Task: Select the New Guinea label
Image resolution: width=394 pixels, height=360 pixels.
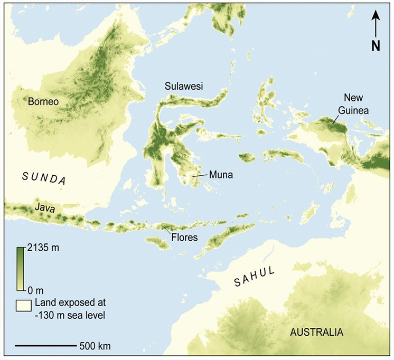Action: click(x=354, y=103)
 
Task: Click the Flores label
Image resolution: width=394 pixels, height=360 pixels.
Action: click(x=184, y=237)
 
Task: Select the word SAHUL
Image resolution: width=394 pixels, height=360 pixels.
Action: click(x=255, y=278)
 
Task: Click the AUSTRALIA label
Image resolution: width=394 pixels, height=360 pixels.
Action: click(x=316, y=333)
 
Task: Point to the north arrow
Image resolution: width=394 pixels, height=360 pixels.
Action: click(x=376, y=23)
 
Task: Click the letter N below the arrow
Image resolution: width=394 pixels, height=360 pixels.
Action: click(x=376, y=46)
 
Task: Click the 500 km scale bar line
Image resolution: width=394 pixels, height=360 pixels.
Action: click(x=45, y=346)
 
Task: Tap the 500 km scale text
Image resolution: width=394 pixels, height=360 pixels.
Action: click(x=95, y=347)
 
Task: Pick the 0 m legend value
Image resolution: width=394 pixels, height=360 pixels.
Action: click(x=35, y=289)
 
